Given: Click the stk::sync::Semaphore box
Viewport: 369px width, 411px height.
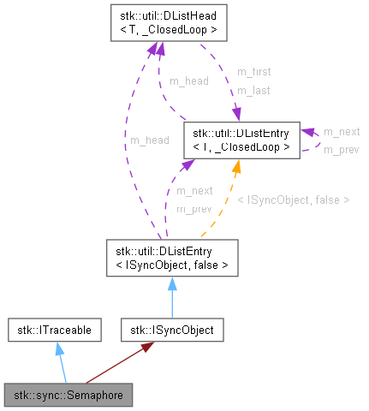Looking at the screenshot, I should point(68,395).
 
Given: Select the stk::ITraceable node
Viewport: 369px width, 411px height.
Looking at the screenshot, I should point(55,328).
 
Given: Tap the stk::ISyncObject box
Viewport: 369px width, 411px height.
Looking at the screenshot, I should point(172,328).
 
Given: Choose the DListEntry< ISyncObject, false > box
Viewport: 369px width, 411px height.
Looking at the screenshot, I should point(172,258).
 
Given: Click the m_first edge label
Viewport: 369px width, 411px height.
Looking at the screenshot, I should point(253,72).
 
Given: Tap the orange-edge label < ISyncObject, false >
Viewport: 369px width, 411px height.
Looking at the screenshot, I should point(293,200).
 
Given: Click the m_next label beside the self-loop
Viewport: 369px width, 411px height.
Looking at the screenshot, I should point(341,132).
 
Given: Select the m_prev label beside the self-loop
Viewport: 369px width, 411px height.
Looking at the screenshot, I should point(341,149).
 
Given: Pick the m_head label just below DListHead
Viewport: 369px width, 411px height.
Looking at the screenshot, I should point(188,81).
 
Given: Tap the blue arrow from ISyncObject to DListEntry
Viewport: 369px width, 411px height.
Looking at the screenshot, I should point(172,295).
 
